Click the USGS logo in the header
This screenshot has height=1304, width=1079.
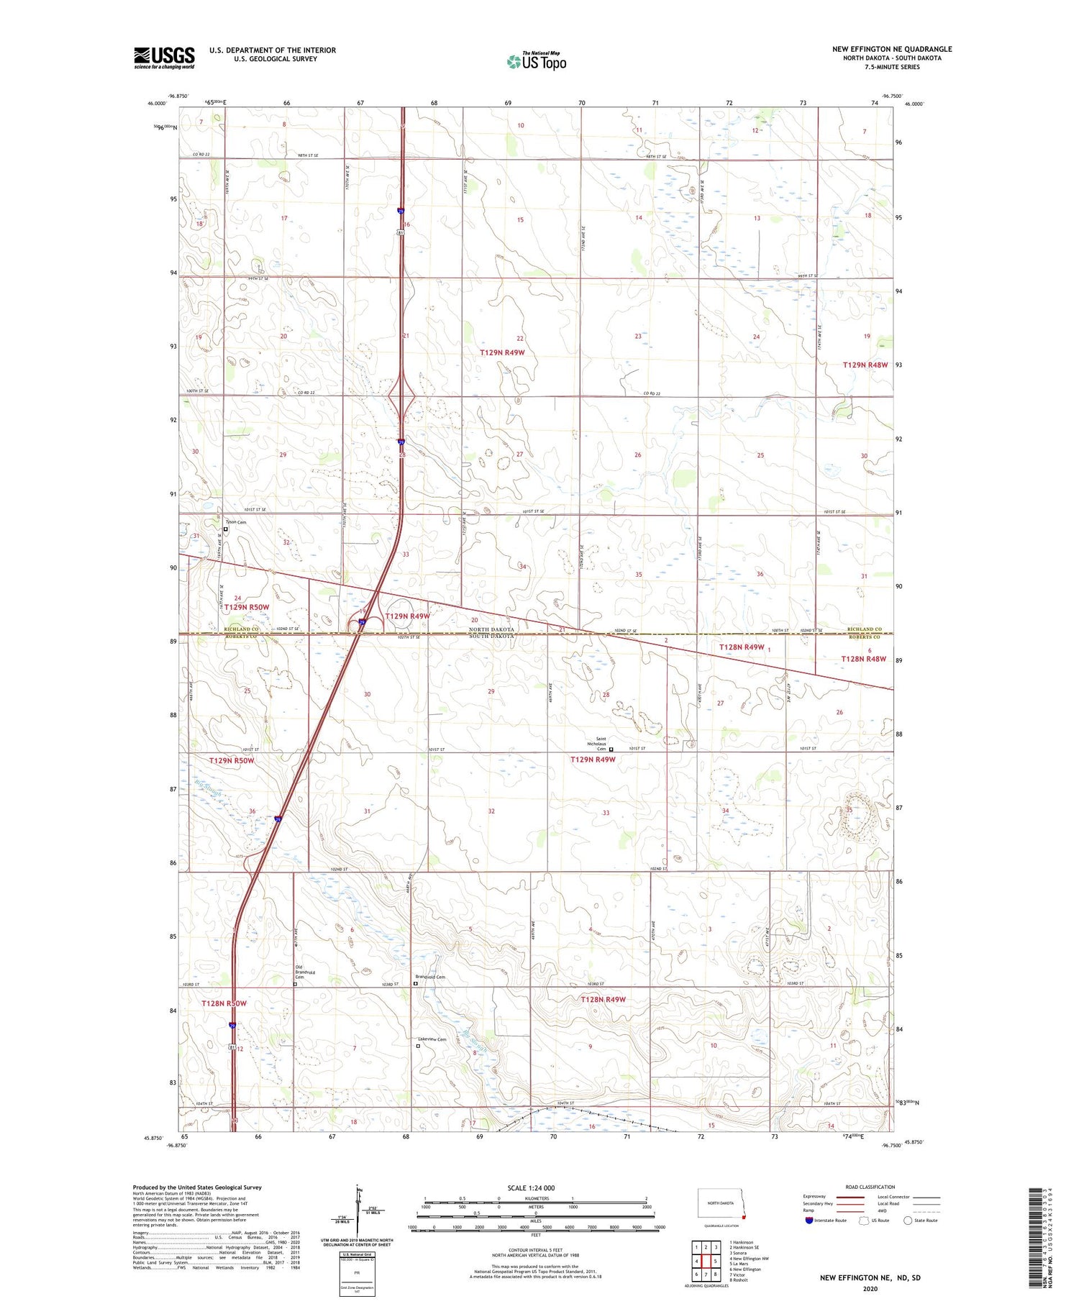point(164,58)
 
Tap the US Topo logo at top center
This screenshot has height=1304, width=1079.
point(536,61)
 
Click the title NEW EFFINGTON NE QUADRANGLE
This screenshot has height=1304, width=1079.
point(891,50)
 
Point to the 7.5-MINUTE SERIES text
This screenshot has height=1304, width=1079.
point(892,67)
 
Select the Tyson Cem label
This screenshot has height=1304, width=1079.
point(235,522)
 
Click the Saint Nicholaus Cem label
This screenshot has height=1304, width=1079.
point(596,744)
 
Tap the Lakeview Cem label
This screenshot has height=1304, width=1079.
point(432,1039)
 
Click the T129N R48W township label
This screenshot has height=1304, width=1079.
point(865,365)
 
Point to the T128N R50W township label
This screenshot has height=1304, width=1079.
point(224,1003)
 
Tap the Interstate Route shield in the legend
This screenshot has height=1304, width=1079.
point(809,1221)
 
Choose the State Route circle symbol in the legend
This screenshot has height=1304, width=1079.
point(908,1221)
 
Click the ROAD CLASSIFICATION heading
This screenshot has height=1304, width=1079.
point(870,1187)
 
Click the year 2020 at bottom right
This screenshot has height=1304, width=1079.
point(870,1289)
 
